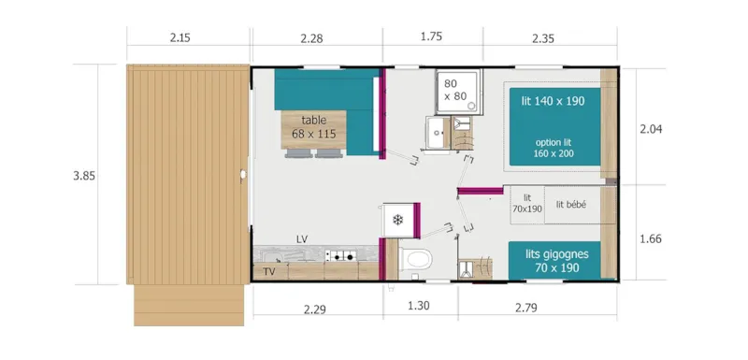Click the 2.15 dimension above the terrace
[180, 38]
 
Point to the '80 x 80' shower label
[455, 89]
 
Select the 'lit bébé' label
[570, 205]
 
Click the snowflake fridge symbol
[397, 221]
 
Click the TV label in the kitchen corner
[268, 272]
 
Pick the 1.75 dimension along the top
[432, 38]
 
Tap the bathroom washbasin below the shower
[438, 132]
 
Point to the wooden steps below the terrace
[190, 304]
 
